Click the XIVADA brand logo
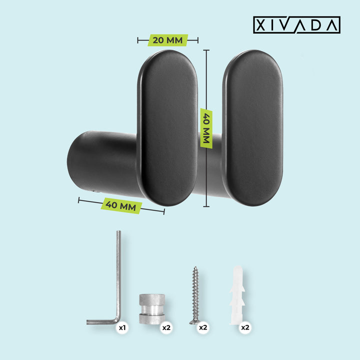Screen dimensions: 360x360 tap(296, 25)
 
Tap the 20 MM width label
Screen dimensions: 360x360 tap(167, 40)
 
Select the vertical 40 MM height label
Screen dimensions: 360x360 tap(206, 128)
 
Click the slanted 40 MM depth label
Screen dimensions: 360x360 tap(121, 205)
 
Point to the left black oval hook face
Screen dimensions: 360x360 tap(167, 128)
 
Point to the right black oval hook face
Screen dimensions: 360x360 tap(252, 128)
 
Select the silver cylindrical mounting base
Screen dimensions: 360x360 tap(152, 309)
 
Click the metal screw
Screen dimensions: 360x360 tap(195, 295)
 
